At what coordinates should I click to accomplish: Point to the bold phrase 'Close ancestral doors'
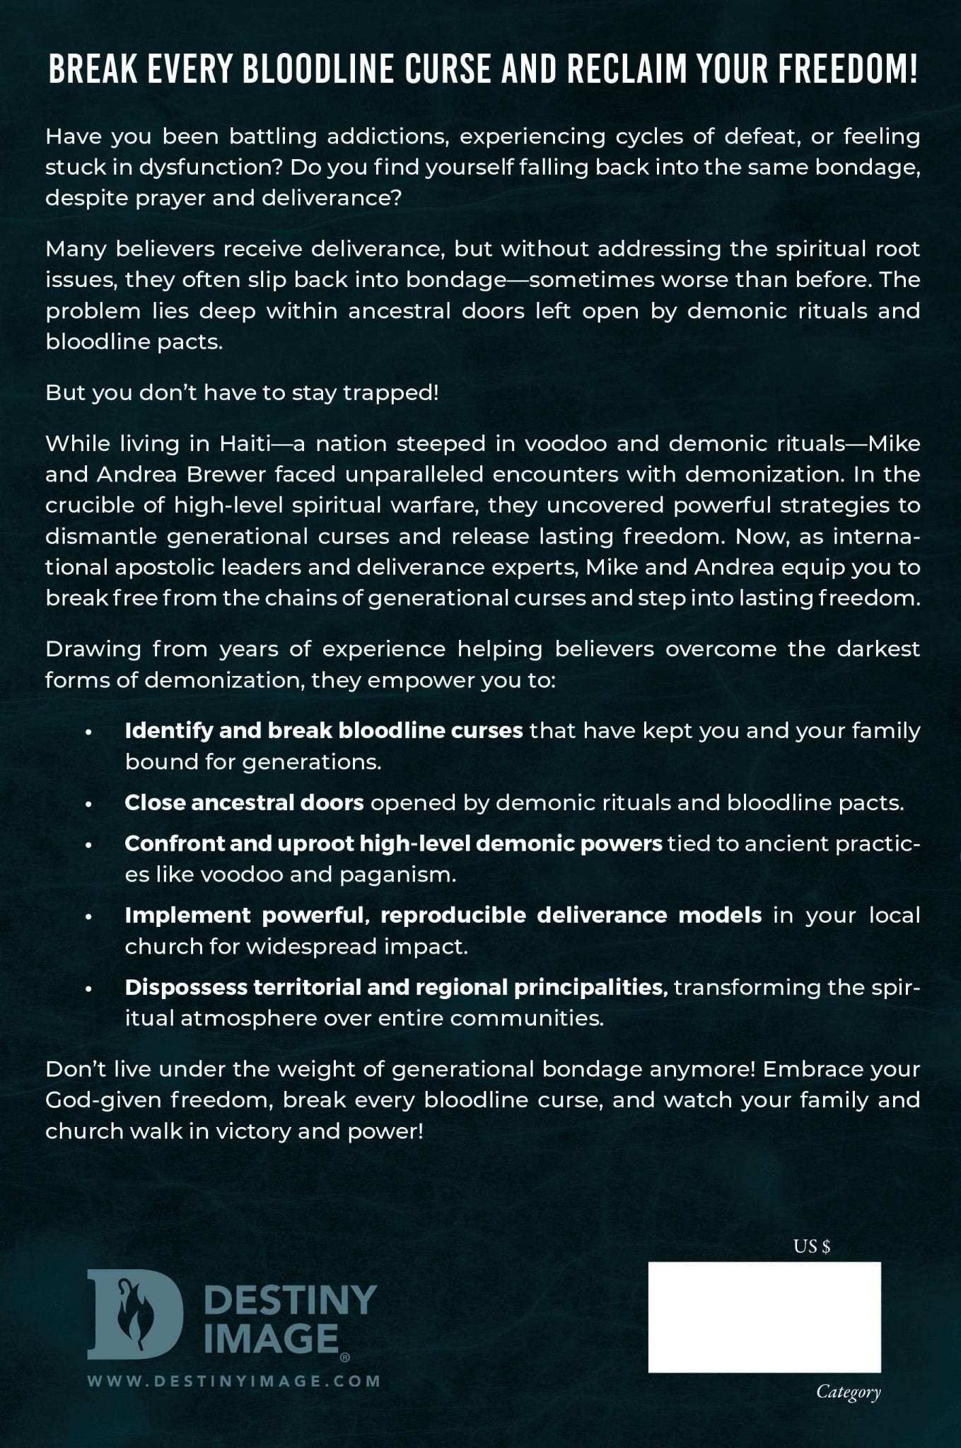pos(244,802)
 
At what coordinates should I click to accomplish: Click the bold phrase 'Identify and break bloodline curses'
pos(323,730)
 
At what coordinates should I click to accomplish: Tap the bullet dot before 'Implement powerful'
pos(88,917)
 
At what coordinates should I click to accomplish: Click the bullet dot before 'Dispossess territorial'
pos(88,989)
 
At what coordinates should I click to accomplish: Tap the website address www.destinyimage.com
pos(233,1379)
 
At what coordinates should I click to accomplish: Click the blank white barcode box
pos(764,1316)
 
